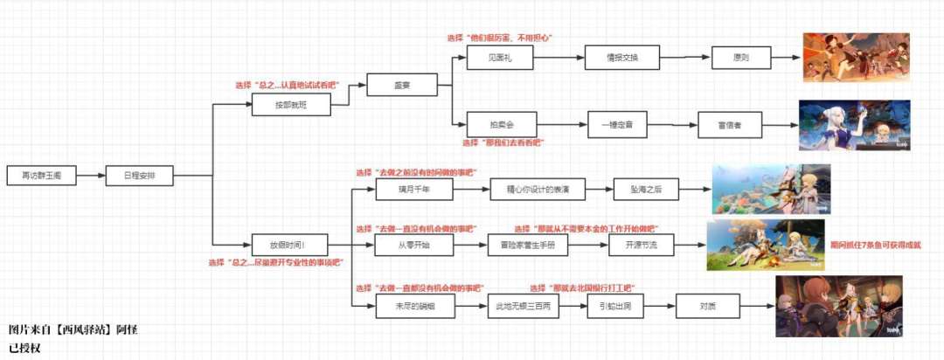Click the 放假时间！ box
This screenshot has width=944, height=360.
(x=279, y=246)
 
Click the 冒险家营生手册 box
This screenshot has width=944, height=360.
(x=527, y=246)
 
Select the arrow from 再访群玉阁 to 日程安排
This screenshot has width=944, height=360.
(x=90, y=176)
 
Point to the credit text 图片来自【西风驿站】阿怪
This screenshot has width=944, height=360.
(x=73, y=329)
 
